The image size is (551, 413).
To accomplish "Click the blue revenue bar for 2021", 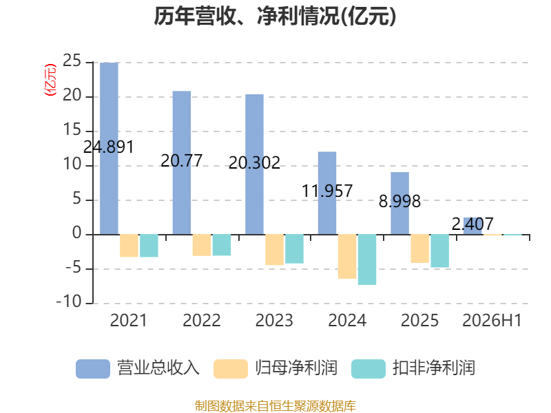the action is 109,149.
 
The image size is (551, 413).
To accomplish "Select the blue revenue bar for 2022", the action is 182,162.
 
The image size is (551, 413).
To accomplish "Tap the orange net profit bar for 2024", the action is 347,256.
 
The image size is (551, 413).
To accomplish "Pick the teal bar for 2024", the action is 367,260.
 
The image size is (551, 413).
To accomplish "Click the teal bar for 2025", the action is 440,251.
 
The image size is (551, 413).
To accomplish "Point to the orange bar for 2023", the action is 274,250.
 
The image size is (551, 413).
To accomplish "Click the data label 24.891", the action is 109,147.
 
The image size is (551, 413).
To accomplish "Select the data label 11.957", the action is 327,191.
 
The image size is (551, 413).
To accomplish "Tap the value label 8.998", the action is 399,201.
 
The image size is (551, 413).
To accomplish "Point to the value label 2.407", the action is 472,224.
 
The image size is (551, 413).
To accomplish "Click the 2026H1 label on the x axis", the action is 492,320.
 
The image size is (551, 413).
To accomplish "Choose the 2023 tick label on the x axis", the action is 274,320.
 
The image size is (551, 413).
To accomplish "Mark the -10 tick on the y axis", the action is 69,302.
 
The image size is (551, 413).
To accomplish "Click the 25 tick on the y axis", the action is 72,61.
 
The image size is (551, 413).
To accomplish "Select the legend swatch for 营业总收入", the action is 93,369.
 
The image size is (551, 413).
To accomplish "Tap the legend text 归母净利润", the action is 296,368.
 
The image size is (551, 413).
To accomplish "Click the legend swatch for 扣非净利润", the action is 368,369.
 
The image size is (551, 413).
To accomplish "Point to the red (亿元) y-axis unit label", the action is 50,80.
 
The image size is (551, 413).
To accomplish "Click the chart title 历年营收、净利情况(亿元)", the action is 275,16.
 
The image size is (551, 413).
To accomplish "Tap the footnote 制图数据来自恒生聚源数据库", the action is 275,406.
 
